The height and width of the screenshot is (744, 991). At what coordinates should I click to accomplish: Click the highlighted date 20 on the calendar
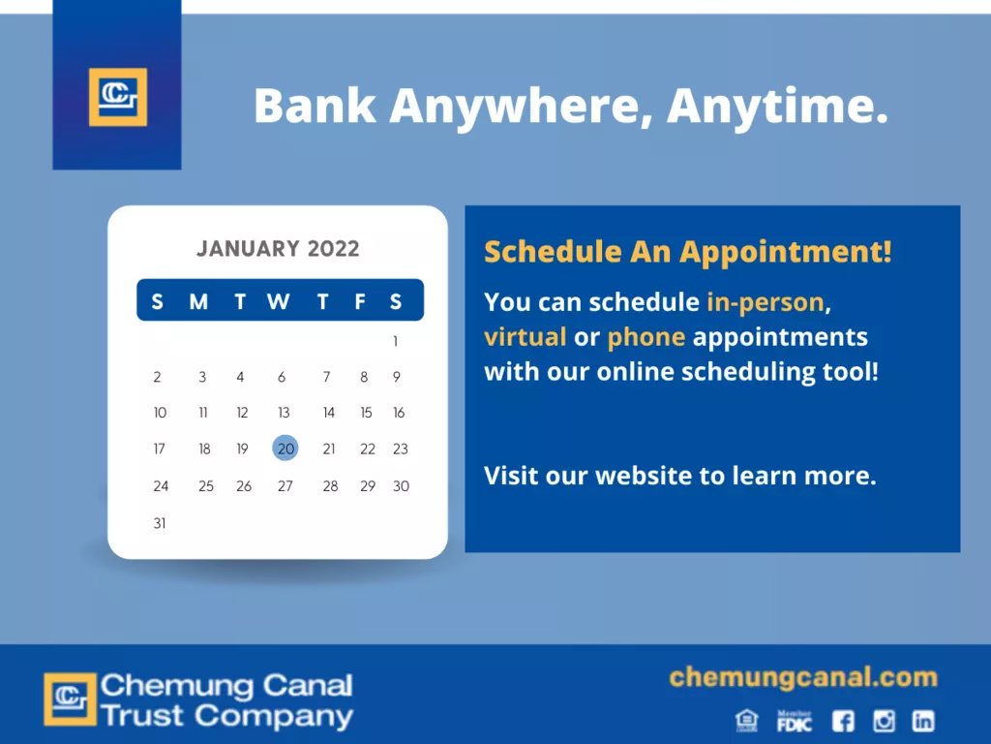285,449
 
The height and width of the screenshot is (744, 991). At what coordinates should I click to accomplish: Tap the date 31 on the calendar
160,523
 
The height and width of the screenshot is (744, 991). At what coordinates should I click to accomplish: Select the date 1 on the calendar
396,342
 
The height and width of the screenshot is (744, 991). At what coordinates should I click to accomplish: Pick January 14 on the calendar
329,413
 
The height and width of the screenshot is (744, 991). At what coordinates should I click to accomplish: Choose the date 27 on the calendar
285,486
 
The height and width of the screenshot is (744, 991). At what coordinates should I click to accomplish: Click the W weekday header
279,301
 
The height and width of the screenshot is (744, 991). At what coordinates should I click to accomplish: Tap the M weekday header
198,301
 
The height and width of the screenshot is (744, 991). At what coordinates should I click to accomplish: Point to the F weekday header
360,301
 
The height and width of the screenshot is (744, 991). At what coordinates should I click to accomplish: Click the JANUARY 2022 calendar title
278,249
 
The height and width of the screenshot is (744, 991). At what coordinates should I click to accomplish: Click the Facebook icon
843,721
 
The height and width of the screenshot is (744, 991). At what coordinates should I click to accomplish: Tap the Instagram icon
884,721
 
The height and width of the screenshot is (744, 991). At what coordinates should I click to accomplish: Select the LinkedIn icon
923,721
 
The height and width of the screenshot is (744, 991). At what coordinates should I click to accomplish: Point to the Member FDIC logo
795,721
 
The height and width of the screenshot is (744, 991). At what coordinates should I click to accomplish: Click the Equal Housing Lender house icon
747,721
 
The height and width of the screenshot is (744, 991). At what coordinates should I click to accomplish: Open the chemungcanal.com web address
803,677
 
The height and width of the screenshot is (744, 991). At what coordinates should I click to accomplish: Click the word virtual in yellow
526,336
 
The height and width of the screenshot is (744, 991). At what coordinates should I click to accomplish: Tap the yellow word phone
646,338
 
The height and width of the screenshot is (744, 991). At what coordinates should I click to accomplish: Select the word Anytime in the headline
777,107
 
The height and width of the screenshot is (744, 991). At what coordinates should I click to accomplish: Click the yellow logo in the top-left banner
118,97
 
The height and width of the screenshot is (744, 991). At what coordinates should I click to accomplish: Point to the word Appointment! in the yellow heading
786,253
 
